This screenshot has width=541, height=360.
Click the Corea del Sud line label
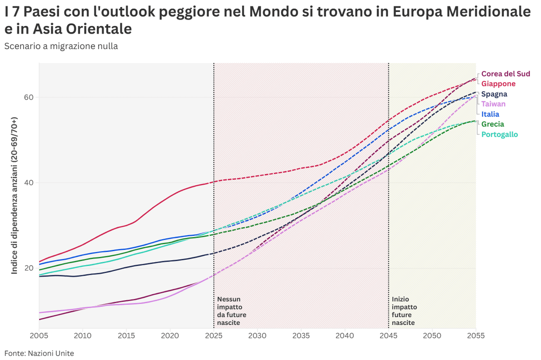[505, 74]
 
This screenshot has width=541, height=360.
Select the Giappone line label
[498, 84]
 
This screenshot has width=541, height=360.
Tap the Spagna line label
[494, 94]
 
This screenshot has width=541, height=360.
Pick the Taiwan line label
[493, 104]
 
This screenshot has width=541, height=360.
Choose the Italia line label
[490, 114]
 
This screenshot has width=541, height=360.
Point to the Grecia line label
[492, 124]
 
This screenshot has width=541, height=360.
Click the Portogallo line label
[499, 134]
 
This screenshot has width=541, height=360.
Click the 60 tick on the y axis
[30, 97]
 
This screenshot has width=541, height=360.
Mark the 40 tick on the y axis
[30, 183]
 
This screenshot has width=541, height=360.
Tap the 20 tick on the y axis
[30, 268]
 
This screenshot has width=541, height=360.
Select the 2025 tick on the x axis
[214, 335]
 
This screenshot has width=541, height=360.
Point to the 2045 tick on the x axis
[389, 335]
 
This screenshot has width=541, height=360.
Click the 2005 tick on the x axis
[39, 335]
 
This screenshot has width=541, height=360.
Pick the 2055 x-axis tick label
[475, 335]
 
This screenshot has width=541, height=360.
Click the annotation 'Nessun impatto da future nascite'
[231, 311]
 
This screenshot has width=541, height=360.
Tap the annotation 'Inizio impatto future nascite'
[404, 311]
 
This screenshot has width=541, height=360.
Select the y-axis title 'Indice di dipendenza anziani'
[15, 195]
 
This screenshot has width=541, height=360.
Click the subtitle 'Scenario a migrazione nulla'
[61, 46]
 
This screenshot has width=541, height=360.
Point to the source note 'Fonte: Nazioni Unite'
[39, 353]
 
